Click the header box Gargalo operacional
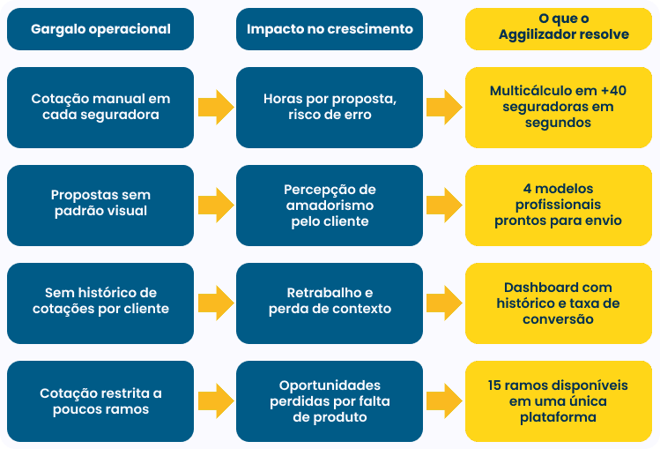click(100, 29)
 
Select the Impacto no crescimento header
click(330, 29)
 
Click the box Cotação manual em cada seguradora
click(100, 108)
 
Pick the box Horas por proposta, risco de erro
click(330, 108)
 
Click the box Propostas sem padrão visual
click(100, 205)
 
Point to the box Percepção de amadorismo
click(330, 205)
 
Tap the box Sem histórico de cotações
click(100, 303)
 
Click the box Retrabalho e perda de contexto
click(330, 303)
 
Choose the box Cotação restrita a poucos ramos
click(100, 401)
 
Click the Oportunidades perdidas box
click(330, 401)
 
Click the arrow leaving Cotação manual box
click(215, 108)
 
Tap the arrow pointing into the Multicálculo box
click(444, 108)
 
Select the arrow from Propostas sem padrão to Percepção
click(215, 205)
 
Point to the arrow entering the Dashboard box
click(444, 303)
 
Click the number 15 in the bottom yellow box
click(495, 385)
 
